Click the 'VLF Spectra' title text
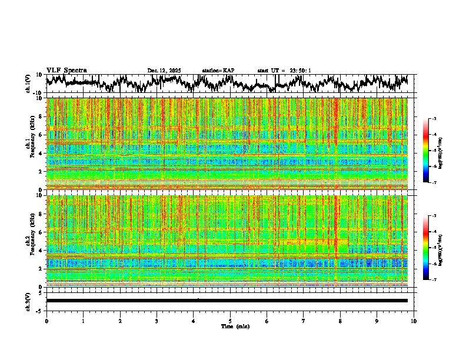[x=66, y=71]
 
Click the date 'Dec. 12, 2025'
[x=164, y=71]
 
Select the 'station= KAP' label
[x=218, y=71]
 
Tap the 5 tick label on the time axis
[x=230, y=321]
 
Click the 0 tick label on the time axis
[x=46, y=321]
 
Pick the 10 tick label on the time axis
[x=414, y=321]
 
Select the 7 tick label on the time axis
[x=304, y=321]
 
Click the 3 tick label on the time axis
[x=157, y=321]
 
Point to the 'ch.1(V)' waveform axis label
[x=28, y=84]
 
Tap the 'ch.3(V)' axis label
[x=28, y=301]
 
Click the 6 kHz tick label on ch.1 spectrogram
[x=42, y=135]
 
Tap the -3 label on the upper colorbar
[x=434, y=119]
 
